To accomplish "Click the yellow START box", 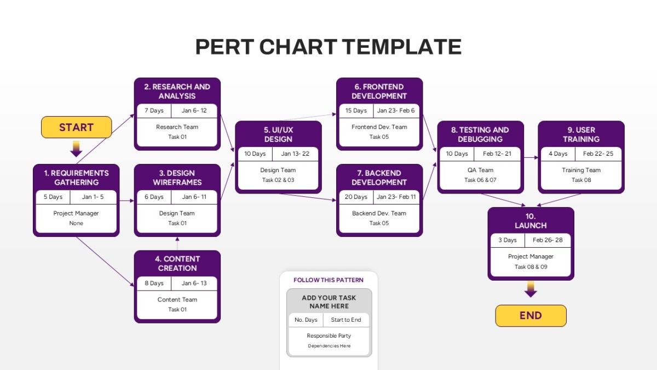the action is click(76, 127).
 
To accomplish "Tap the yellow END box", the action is click(531, 316).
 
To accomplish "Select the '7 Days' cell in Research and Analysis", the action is click(154, 110).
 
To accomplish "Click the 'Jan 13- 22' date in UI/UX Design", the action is click(295, 153).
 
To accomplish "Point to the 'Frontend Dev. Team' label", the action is click(379, 127).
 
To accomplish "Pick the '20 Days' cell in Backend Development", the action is click(356, 197).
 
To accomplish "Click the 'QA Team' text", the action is click(480, 170).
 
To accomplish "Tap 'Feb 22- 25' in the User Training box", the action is click(598, 153).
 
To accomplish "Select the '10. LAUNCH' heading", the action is click(531, 221).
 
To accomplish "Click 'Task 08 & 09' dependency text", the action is click(531, 266).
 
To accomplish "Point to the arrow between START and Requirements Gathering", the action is click(76, 149).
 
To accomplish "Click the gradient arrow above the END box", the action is click(531, 289).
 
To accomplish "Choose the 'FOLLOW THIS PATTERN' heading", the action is click(328, 280).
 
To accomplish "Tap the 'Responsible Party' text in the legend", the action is click(329, 335).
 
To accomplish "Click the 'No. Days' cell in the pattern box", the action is click(306, 320).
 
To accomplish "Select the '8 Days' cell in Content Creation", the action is click(154, 283).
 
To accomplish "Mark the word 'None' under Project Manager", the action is click(76, 223).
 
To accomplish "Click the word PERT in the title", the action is click(224, 47).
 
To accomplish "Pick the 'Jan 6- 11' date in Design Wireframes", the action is click(194, 197).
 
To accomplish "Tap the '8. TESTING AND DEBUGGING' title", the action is click(480, 134).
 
